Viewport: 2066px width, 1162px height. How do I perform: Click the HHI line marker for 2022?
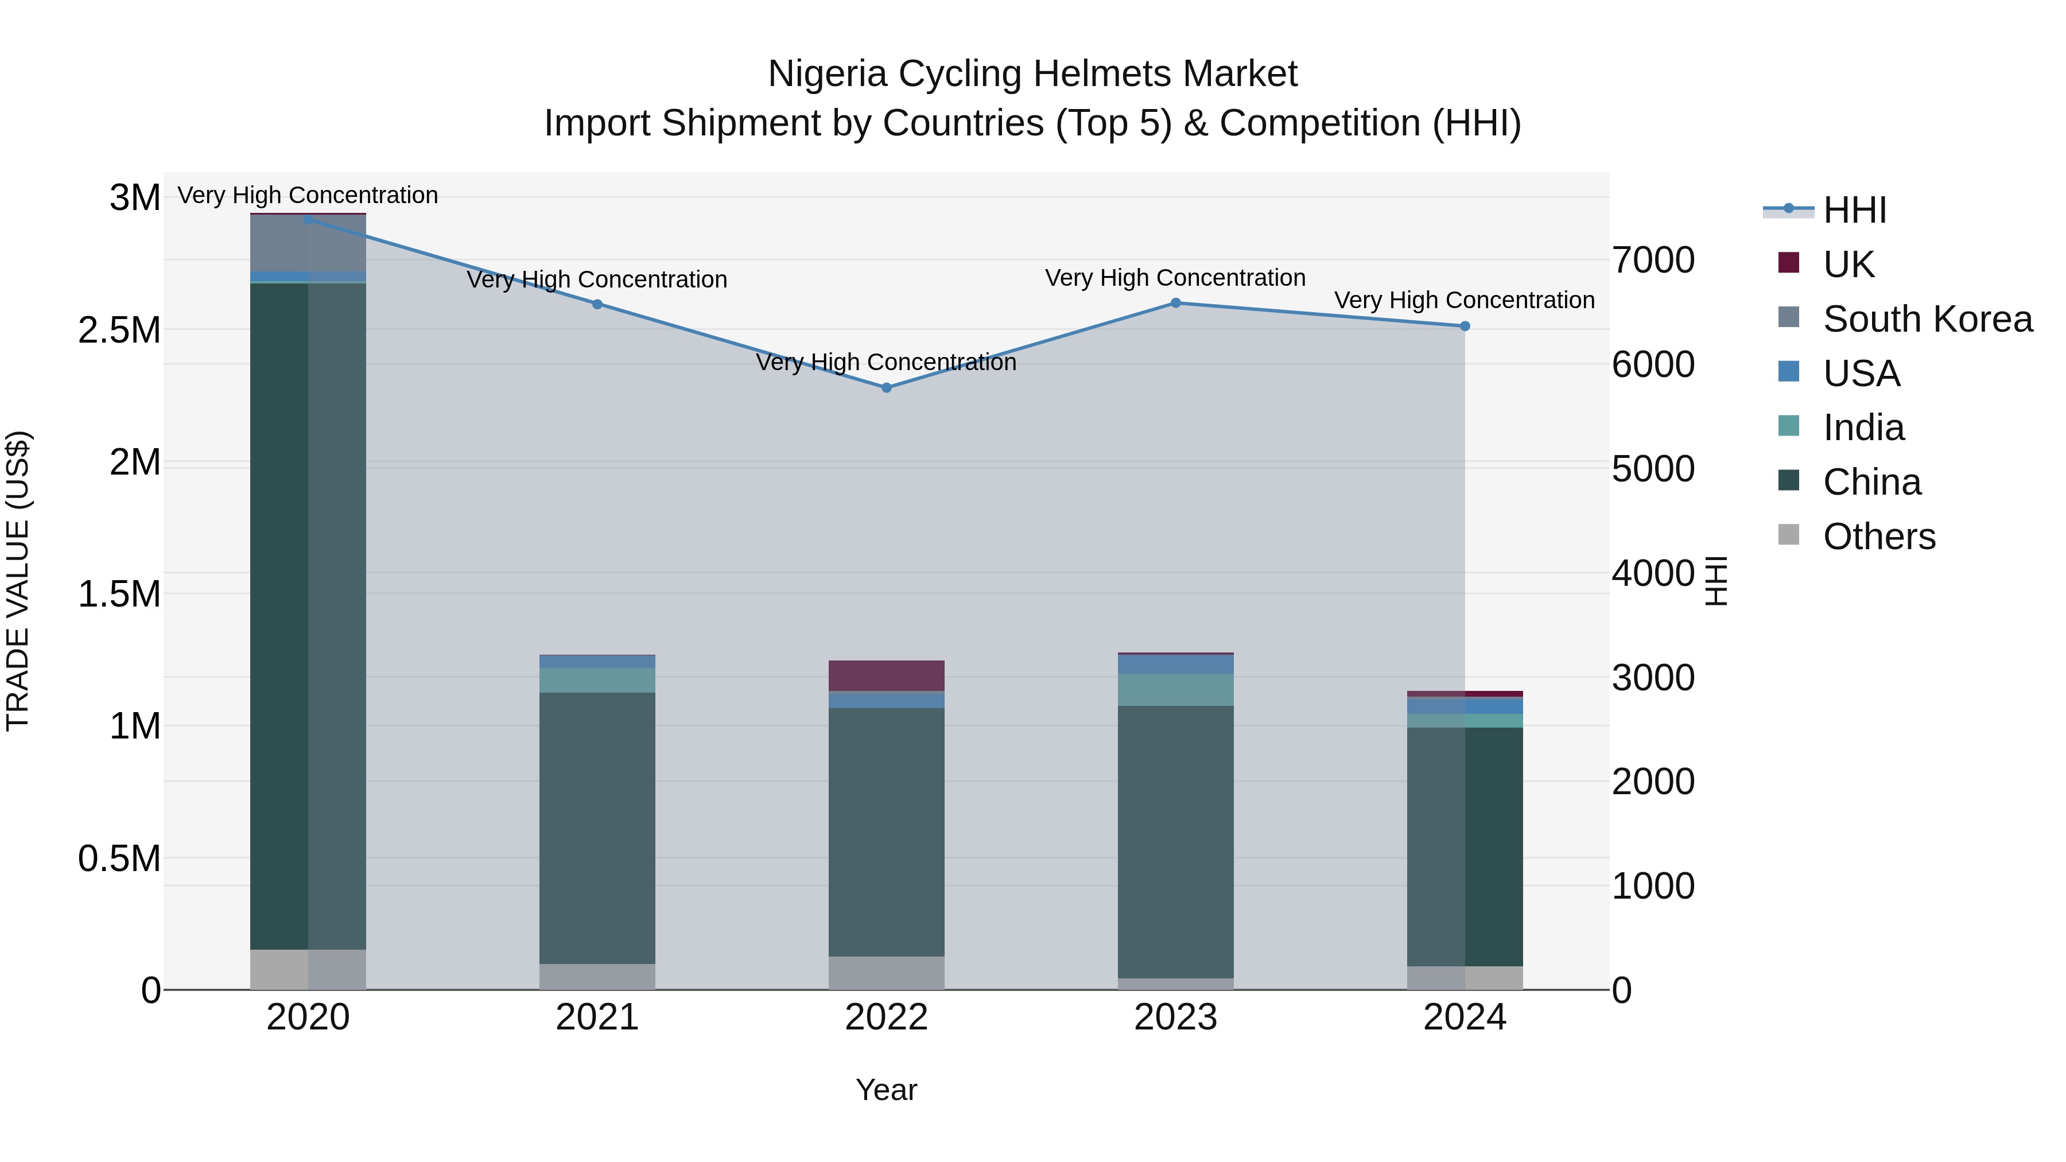point(886,387)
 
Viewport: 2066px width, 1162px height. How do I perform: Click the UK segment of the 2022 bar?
point(886,676)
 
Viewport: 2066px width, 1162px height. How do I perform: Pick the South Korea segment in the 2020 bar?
point(308,243)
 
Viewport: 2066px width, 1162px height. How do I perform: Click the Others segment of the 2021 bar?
point(597,977)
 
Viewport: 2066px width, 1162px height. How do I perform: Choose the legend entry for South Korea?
point(1927,319)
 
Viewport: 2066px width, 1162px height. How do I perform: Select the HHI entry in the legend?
point(1854,210)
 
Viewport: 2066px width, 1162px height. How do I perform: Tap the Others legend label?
point(1879,537)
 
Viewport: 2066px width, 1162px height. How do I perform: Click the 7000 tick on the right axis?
point(1654,261)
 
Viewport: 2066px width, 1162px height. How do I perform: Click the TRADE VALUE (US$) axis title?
point(18,581)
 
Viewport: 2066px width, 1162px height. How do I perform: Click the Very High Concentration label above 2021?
point(597,280)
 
